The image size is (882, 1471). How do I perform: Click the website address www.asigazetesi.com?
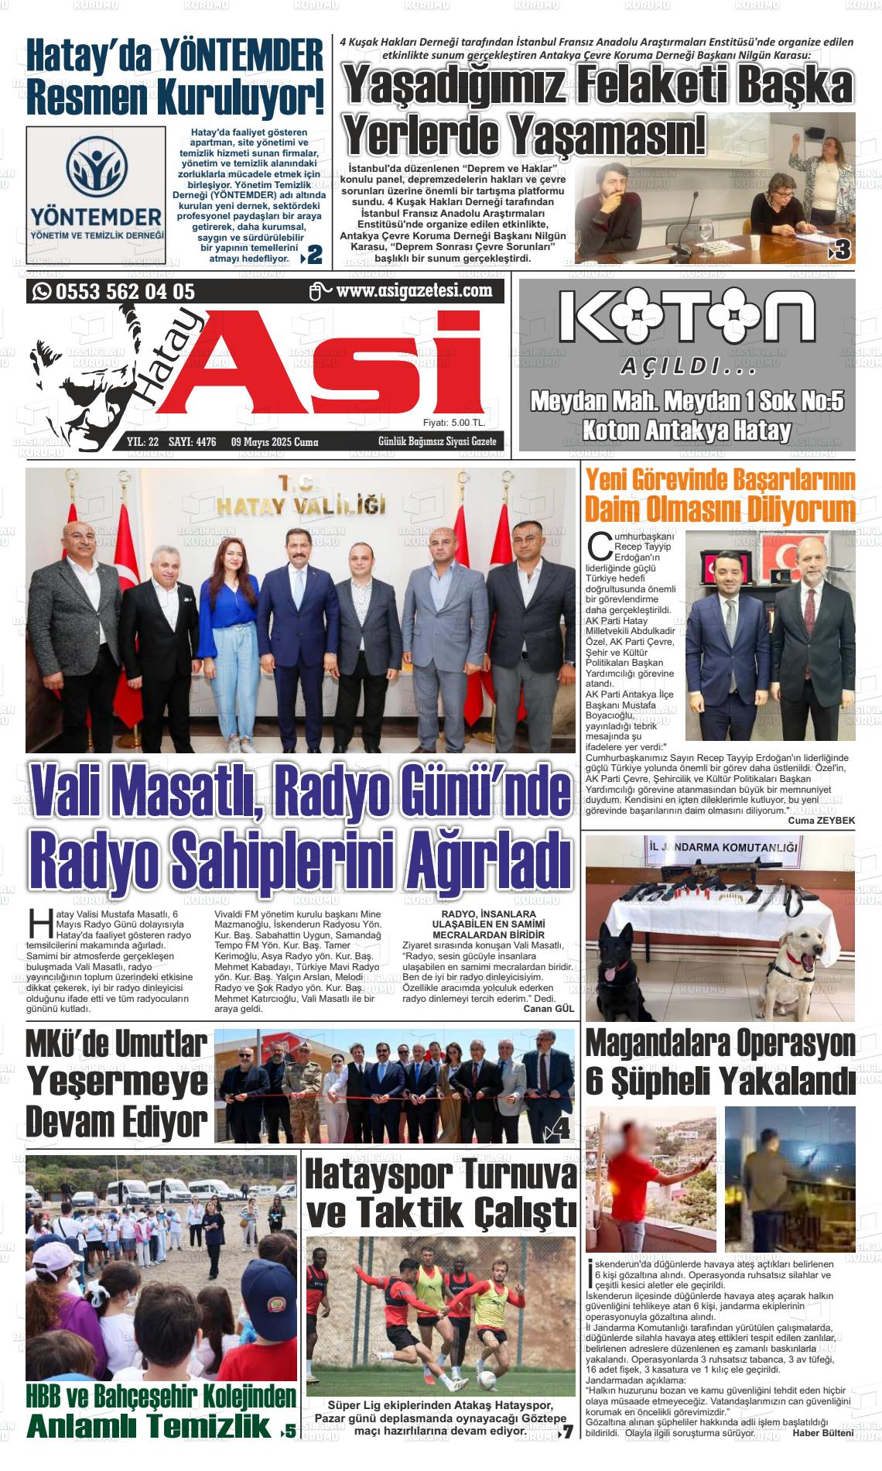(x=415, y=291)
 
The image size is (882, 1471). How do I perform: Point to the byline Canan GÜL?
(x=549, y=1009)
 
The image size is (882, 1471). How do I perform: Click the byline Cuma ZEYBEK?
(x=821, y=821)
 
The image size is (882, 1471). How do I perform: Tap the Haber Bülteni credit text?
(x=823, y=1433)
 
